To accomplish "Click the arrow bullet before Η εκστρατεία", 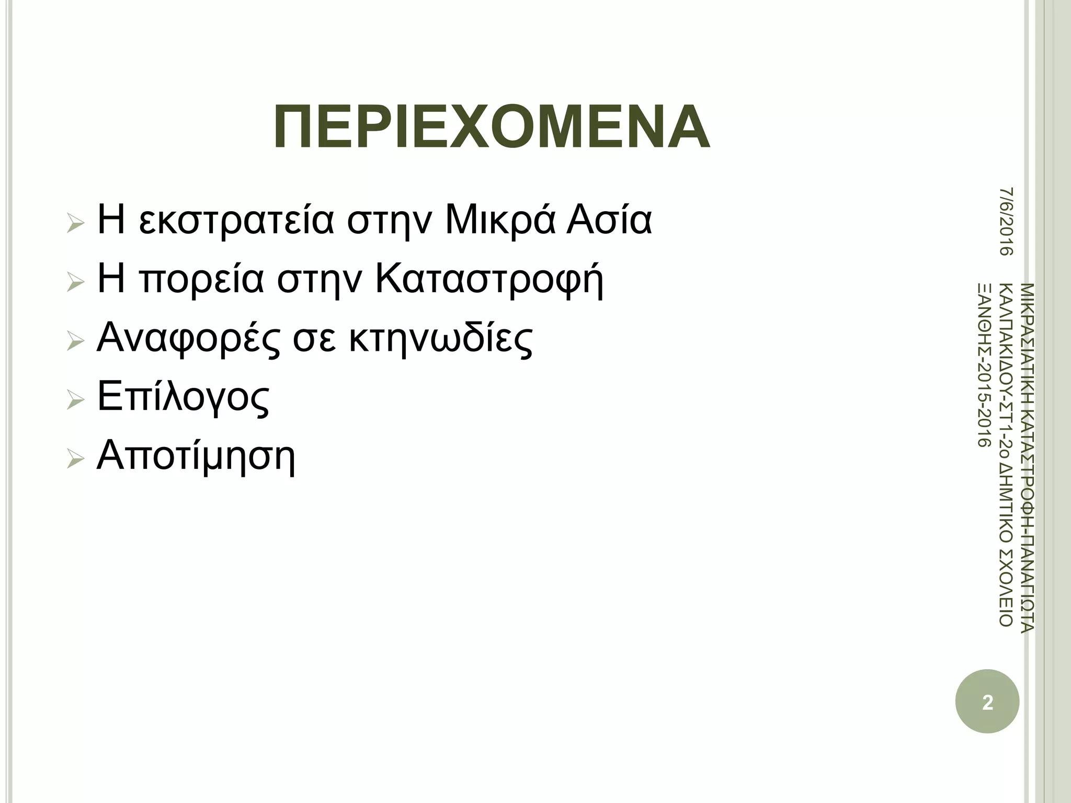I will [76, 224].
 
